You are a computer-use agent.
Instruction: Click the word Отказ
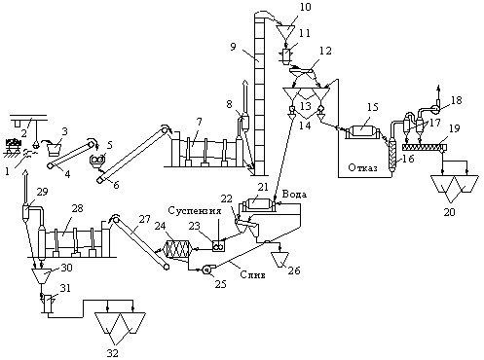click(x=362, y=167)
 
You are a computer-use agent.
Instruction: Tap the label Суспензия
click(x=195, y=211)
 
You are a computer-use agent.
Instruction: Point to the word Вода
click(x=294, y=195)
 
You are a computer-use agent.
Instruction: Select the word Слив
click(x=252, y=274)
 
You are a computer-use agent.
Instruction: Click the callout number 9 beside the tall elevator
click(x=234, y=47)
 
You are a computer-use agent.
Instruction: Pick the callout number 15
click(x=373, y=107)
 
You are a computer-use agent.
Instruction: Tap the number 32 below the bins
click(x=113, y=353)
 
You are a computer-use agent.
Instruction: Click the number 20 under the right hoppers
click(x=450, y=212)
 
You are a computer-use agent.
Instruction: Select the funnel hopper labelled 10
click(x=285, y=32)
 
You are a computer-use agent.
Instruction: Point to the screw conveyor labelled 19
click(x=425, y=148)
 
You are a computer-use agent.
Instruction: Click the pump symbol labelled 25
click(x=206, y=270)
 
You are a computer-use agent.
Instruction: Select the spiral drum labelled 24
click(x=177, y=250)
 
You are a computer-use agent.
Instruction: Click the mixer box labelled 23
click(x=218, y=246)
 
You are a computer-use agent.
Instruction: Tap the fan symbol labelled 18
click(x=436, y=108)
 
